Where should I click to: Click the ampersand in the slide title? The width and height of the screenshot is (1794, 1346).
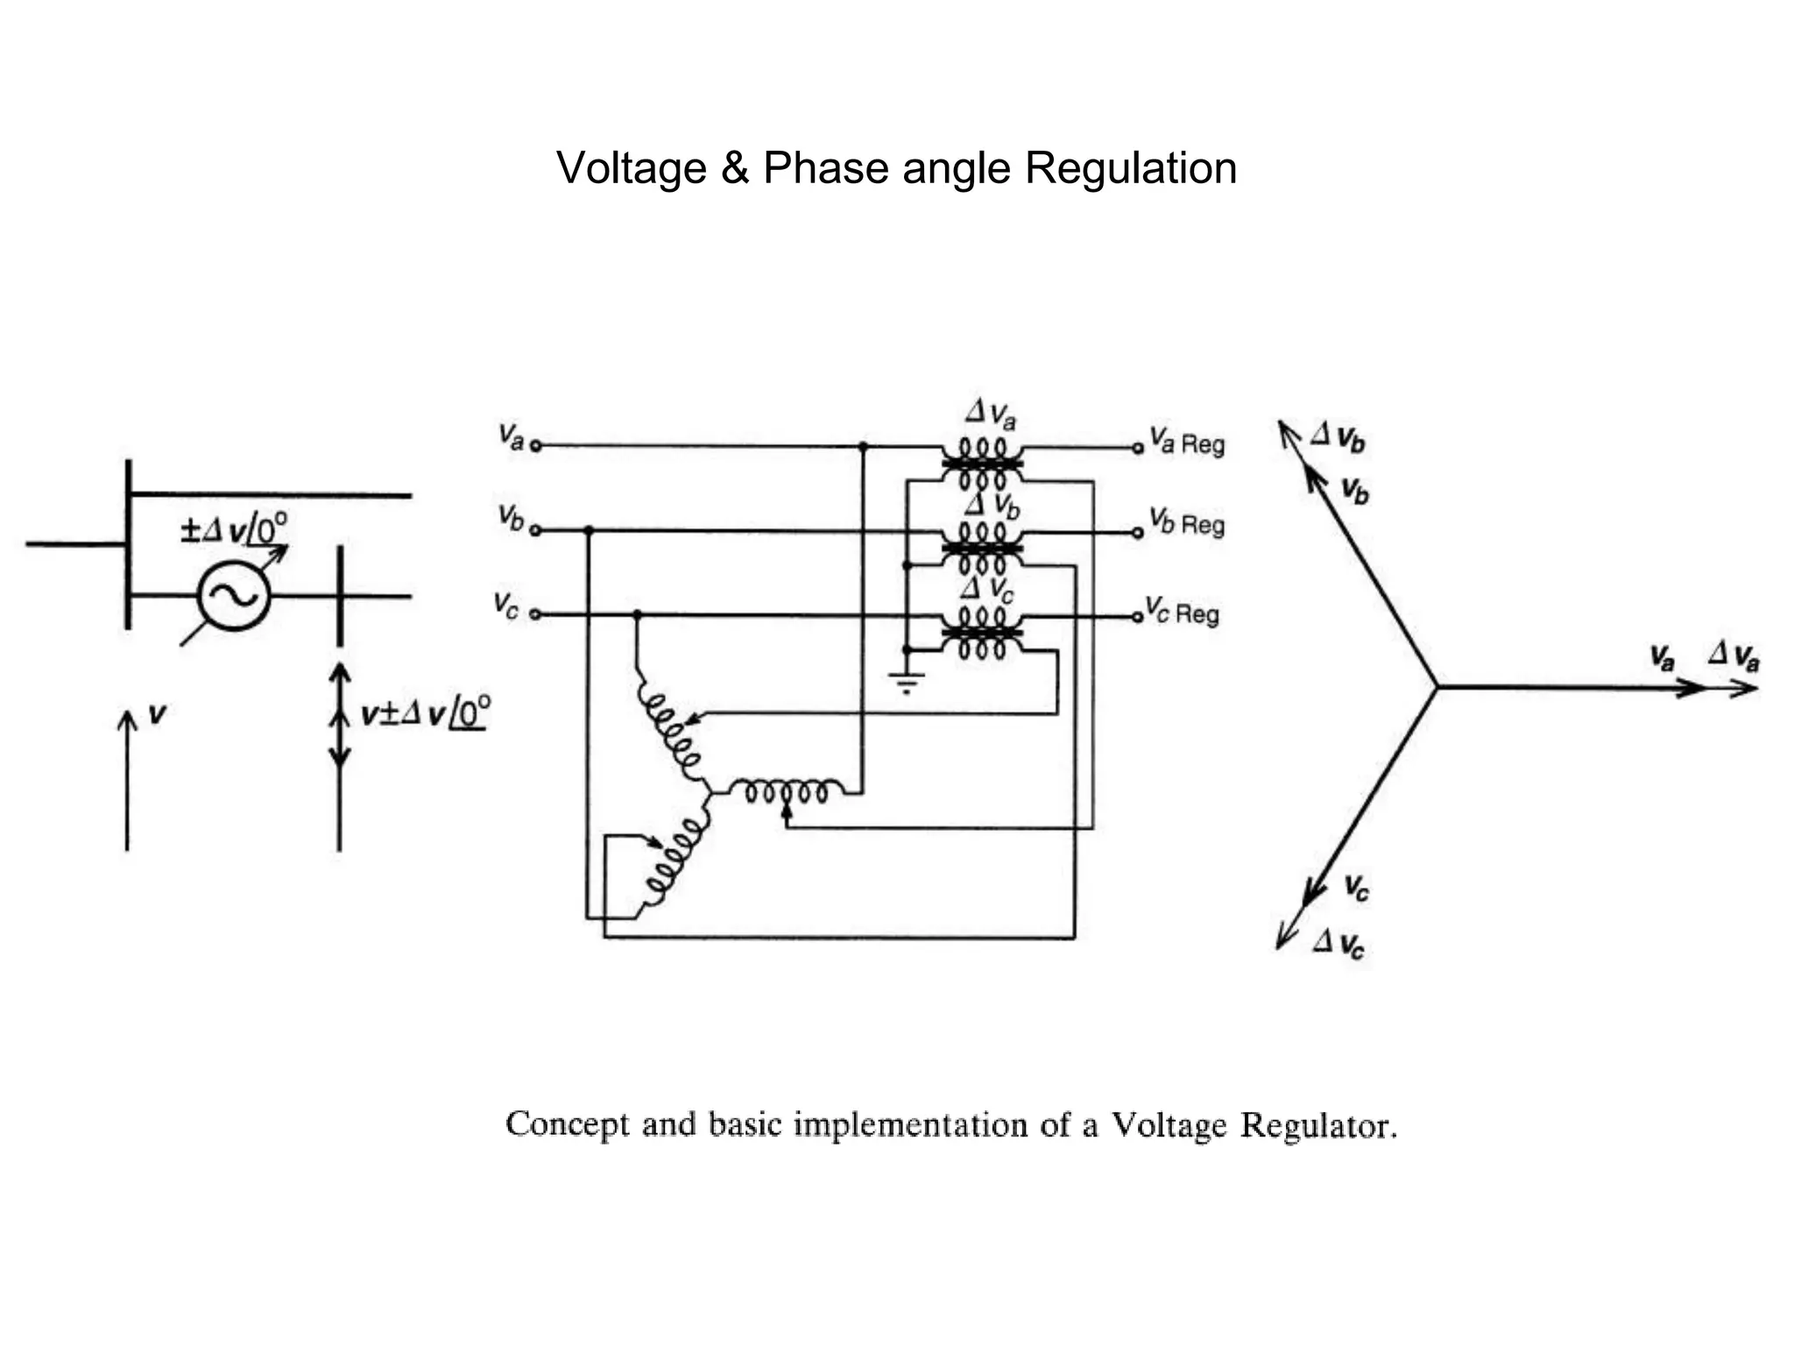tap(734, 168)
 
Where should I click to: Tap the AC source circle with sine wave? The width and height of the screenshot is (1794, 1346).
tap(234, 596)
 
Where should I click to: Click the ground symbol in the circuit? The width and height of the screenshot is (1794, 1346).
tap(907, 682)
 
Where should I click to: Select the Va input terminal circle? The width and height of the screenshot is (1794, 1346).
tap(536, 446)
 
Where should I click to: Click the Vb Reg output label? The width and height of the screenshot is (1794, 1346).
tap(1187, 523)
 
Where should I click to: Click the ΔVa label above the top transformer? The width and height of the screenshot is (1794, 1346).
tap(991, 414)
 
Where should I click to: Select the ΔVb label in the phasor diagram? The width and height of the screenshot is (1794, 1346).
tap(1338, 436)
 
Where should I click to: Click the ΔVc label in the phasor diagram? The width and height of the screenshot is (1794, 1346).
tap(1338, 944)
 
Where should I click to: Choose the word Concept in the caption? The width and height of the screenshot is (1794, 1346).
tap(567, 1124)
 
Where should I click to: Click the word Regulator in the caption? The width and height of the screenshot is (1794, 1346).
tap(1317, 1125)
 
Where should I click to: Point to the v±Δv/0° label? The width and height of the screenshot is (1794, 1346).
tap(426, 713)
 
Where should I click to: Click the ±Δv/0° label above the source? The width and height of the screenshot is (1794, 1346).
tap(233, 530)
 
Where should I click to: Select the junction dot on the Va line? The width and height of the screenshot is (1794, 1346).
tap(863, 446)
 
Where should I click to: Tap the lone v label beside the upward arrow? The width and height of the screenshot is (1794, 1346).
tap(157, 714)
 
